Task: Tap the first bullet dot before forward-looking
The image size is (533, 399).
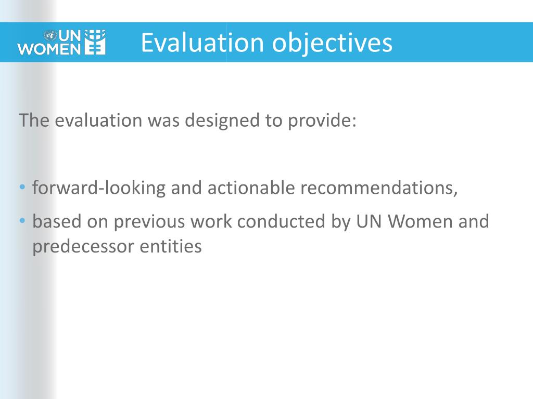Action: click(x=23, y=187)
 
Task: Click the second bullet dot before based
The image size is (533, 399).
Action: click(x=23, y=221)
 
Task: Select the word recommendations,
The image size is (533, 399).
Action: click(x=378, y=188)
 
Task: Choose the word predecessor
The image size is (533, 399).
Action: click(x=83, y=246)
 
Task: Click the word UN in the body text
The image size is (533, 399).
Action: click(x=369, y=221)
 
